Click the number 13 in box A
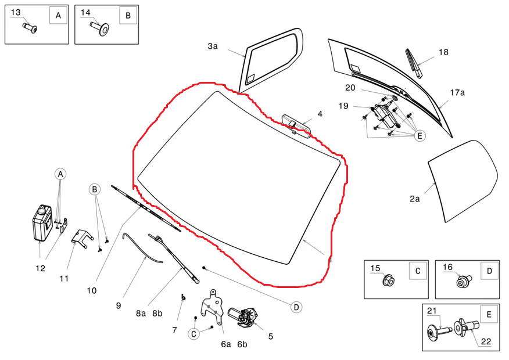click(x=16, y=12)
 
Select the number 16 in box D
click(x=448, y=267)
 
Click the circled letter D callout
click(x=296, y=307)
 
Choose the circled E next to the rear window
click(x=420, y=136)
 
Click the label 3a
click(x=213, y=46)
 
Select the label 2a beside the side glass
click(x=414, y=199)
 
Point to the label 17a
click(x=457, y=92)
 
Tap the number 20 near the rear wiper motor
click(x=350, y=88)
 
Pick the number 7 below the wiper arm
click(x=174, y=330)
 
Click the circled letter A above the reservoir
click(x=60, y=174)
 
